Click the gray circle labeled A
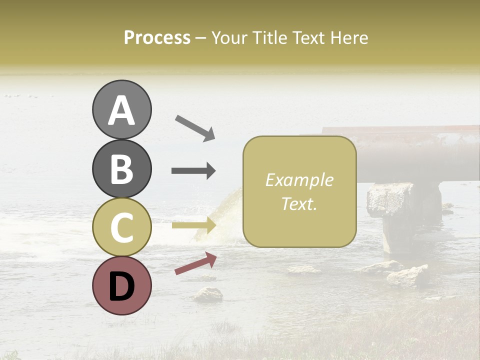click(x=121, y=109)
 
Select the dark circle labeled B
click(x=121, y=168)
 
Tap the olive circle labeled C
click(x=121, y=227)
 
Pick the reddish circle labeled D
click(x=121, y=285)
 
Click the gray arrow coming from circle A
click(x=194, y=127)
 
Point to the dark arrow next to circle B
click(x=193, y=171)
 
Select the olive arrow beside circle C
click(x=193, y=225)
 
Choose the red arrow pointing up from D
click(x=195, y=263)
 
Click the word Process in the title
click(x=157, y=37)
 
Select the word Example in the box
click(x=299, y=180)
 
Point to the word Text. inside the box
click(x=299, y=204)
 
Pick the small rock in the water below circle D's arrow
click(x=208, y=294)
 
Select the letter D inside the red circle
click(x=121, y=286)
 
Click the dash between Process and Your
click(x=201, y=38)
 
